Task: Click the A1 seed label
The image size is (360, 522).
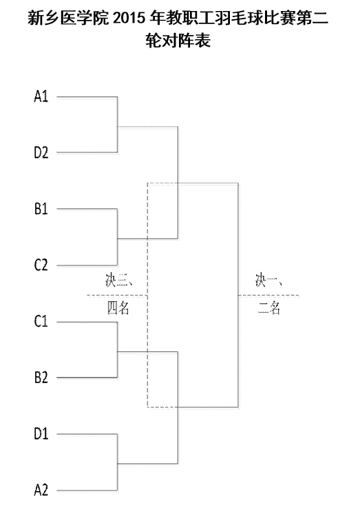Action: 41,96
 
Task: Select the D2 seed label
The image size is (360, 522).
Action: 41,153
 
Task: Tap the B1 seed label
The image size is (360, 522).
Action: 41,209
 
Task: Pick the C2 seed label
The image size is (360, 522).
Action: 41,265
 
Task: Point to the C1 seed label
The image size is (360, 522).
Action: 41,321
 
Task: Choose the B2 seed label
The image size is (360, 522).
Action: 41,378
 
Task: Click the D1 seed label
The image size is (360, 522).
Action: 41,434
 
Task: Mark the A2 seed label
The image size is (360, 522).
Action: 41,490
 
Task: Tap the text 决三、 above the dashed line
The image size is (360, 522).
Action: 118,281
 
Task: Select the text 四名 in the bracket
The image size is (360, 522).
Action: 118,308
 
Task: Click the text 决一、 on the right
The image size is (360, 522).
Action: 268,281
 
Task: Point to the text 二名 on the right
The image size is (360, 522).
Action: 268,308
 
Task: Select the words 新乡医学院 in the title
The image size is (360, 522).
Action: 68,18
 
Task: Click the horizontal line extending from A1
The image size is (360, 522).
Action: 87,97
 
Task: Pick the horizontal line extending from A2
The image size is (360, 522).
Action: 87,490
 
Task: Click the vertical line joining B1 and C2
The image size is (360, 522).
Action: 117,237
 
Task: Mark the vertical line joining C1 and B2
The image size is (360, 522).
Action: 117,350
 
